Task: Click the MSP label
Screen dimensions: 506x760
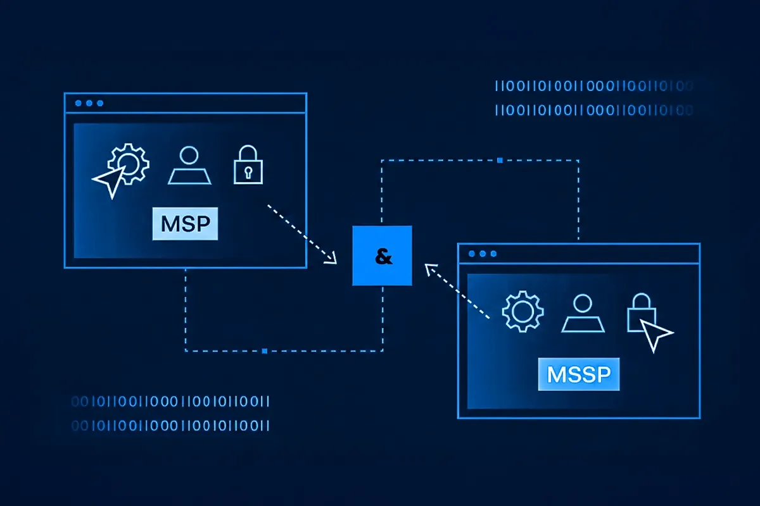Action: point(185,224)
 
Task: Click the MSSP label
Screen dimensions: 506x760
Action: point(578,374)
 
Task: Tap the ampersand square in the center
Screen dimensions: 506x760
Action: point(382,256)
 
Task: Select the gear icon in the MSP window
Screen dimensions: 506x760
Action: point(129,164)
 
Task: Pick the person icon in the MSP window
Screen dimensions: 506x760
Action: point(189,166)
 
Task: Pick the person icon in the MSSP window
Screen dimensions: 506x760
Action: point(582,313)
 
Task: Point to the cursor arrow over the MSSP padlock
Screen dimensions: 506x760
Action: point(656,333)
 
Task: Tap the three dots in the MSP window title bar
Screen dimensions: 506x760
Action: point(89,103)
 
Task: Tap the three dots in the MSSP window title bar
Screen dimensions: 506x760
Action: point(482,254)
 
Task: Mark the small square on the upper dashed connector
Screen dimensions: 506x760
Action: point(500,161)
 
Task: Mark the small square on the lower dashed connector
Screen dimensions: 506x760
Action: point(264,350)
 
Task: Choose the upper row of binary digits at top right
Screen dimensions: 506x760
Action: point(592,86)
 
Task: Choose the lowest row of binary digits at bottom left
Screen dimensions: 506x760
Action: point(170,425)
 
